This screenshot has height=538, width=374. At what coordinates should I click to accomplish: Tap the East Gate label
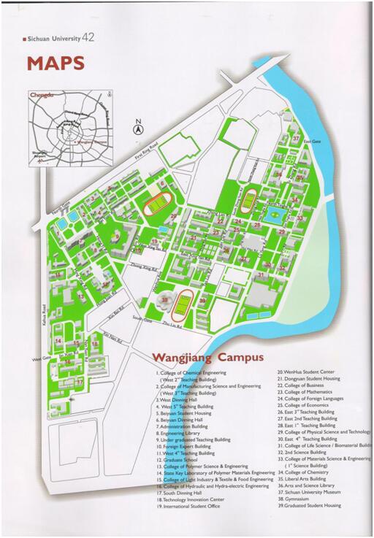(x=313, y=141)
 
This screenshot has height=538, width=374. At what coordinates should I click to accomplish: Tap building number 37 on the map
(x=296, y=138)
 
